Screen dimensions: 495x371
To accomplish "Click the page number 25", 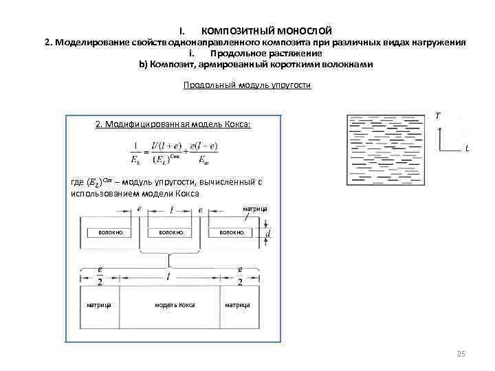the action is click(x=461, y=353).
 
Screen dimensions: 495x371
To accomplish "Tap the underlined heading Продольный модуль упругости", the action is click(x=247, y=86).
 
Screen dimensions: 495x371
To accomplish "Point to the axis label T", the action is click(x=438, y=116).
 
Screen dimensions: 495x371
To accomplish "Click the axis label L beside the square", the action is click(x=467, y=148).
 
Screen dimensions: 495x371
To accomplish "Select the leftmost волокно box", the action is click(x=110, y=233).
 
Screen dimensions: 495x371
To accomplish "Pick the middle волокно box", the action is click(x=170, y=233).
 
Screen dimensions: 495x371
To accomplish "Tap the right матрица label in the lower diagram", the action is click(x=237, y=304).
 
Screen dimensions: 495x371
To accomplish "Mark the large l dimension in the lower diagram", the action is click(x=169, y=276).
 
